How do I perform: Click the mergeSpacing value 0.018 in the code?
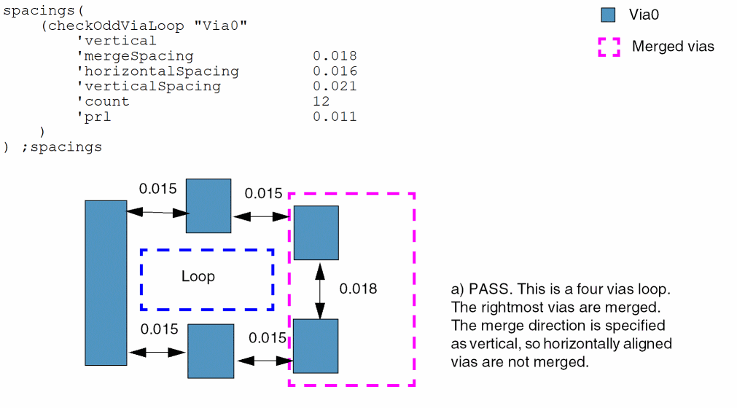click(335, 56)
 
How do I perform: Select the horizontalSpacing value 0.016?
click(335, 71)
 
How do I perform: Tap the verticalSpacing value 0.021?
click(335, 86)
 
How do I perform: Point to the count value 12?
click(321, 101)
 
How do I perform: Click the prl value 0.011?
click(335, 117)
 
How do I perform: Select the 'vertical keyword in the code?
click(117, 41)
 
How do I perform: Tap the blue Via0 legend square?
click(608, 15)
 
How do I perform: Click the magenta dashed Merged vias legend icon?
click(609, 47)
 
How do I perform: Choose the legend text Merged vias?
click(673, 47)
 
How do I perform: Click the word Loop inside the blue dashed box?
click(198, 277)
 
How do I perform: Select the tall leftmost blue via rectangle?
click(106, 282)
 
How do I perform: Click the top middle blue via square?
click(208, 205)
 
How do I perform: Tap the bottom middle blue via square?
click(211, 351)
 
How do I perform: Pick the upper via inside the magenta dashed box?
click(316, 232)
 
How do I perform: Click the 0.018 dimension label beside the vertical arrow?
click(359, 289)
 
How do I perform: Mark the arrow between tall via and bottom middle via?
click(157, 352)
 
